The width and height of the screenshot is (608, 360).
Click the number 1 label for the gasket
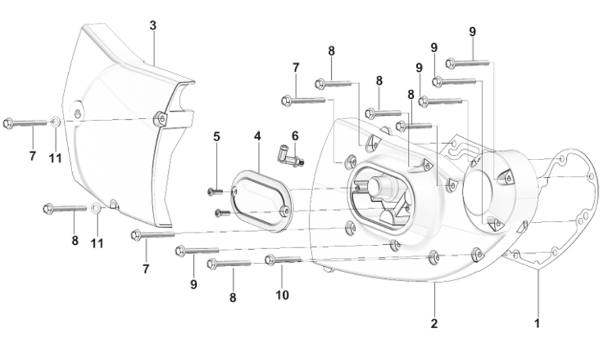(537, 323)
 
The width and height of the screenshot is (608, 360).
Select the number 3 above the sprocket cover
(153, 26)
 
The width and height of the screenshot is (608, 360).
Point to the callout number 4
(257, 136)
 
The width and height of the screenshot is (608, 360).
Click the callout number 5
(216, 136)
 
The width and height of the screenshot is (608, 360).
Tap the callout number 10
(282, 295)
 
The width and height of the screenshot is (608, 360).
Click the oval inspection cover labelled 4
(261, 200)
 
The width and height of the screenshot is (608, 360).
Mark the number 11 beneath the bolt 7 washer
(55, 158)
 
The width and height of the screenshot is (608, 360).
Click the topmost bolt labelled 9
(468, 62)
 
